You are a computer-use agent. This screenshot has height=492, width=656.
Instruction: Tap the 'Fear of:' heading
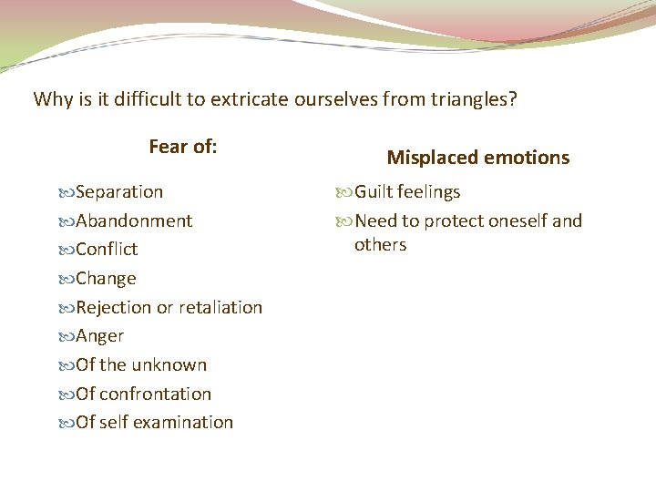(x=182, y=147)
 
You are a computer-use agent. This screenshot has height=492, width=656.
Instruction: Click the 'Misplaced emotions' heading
(x=477, y=158)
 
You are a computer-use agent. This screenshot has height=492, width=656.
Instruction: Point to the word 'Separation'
(x=119, y=192)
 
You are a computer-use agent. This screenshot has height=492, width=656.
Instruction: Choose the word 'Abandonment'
(x=134, y=220)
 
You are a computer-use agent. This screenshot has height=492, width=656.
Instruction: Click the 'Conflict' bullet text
(x=107, y=250)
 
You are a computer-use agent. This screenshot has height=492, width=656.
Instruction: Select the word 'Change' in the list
(x=106, y=279)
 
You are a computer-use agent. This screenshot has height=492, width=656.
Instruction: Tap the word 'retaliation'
(x=220, y=308)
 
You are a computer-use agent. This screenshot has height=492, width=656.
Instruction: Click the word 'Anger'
(x=99, y=336)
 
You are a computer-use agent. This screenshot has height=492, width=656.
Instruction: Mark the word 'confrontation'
(x=155, y=395)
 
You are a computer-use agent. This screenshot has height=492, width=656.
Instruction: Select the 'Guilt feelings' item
(x=407, y=192)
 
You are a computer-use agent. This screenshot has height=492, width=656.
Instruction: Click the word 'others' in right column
(x=380, y=245)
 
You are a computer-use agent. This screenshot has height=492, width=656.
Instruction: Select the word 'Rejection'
(x=114, y=308)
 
